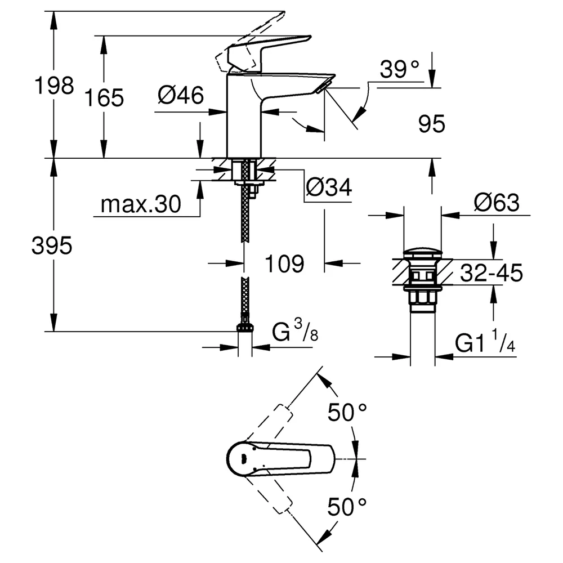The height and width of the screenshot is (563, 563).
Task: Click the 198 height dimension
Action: [x=54, y=86]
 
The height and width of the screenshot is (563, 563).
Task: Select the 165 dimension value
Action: [x=104, y=97]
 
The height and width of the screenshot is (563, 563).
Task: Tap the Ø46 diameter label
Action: [x=181, y=95]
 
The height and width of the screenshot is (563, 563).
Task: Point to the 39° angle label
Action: [x=399, y=69]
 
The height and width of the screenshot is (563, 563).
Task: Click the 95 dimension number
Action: [x=432, y=124]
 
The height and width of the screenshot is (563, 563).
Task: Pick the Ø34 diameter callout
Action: [x=329, y=187]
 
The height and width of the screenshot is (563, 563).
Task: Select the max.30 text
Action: [x=140, y=204]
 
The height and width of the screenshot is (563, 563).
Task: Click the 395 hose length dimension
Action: [x=52, y=246]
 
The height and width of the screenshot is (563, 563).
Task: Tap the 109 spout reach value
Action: [x=284, y=264]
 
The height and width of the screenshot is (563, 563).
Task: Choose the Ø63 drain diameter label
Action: [x=497, y=203]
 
